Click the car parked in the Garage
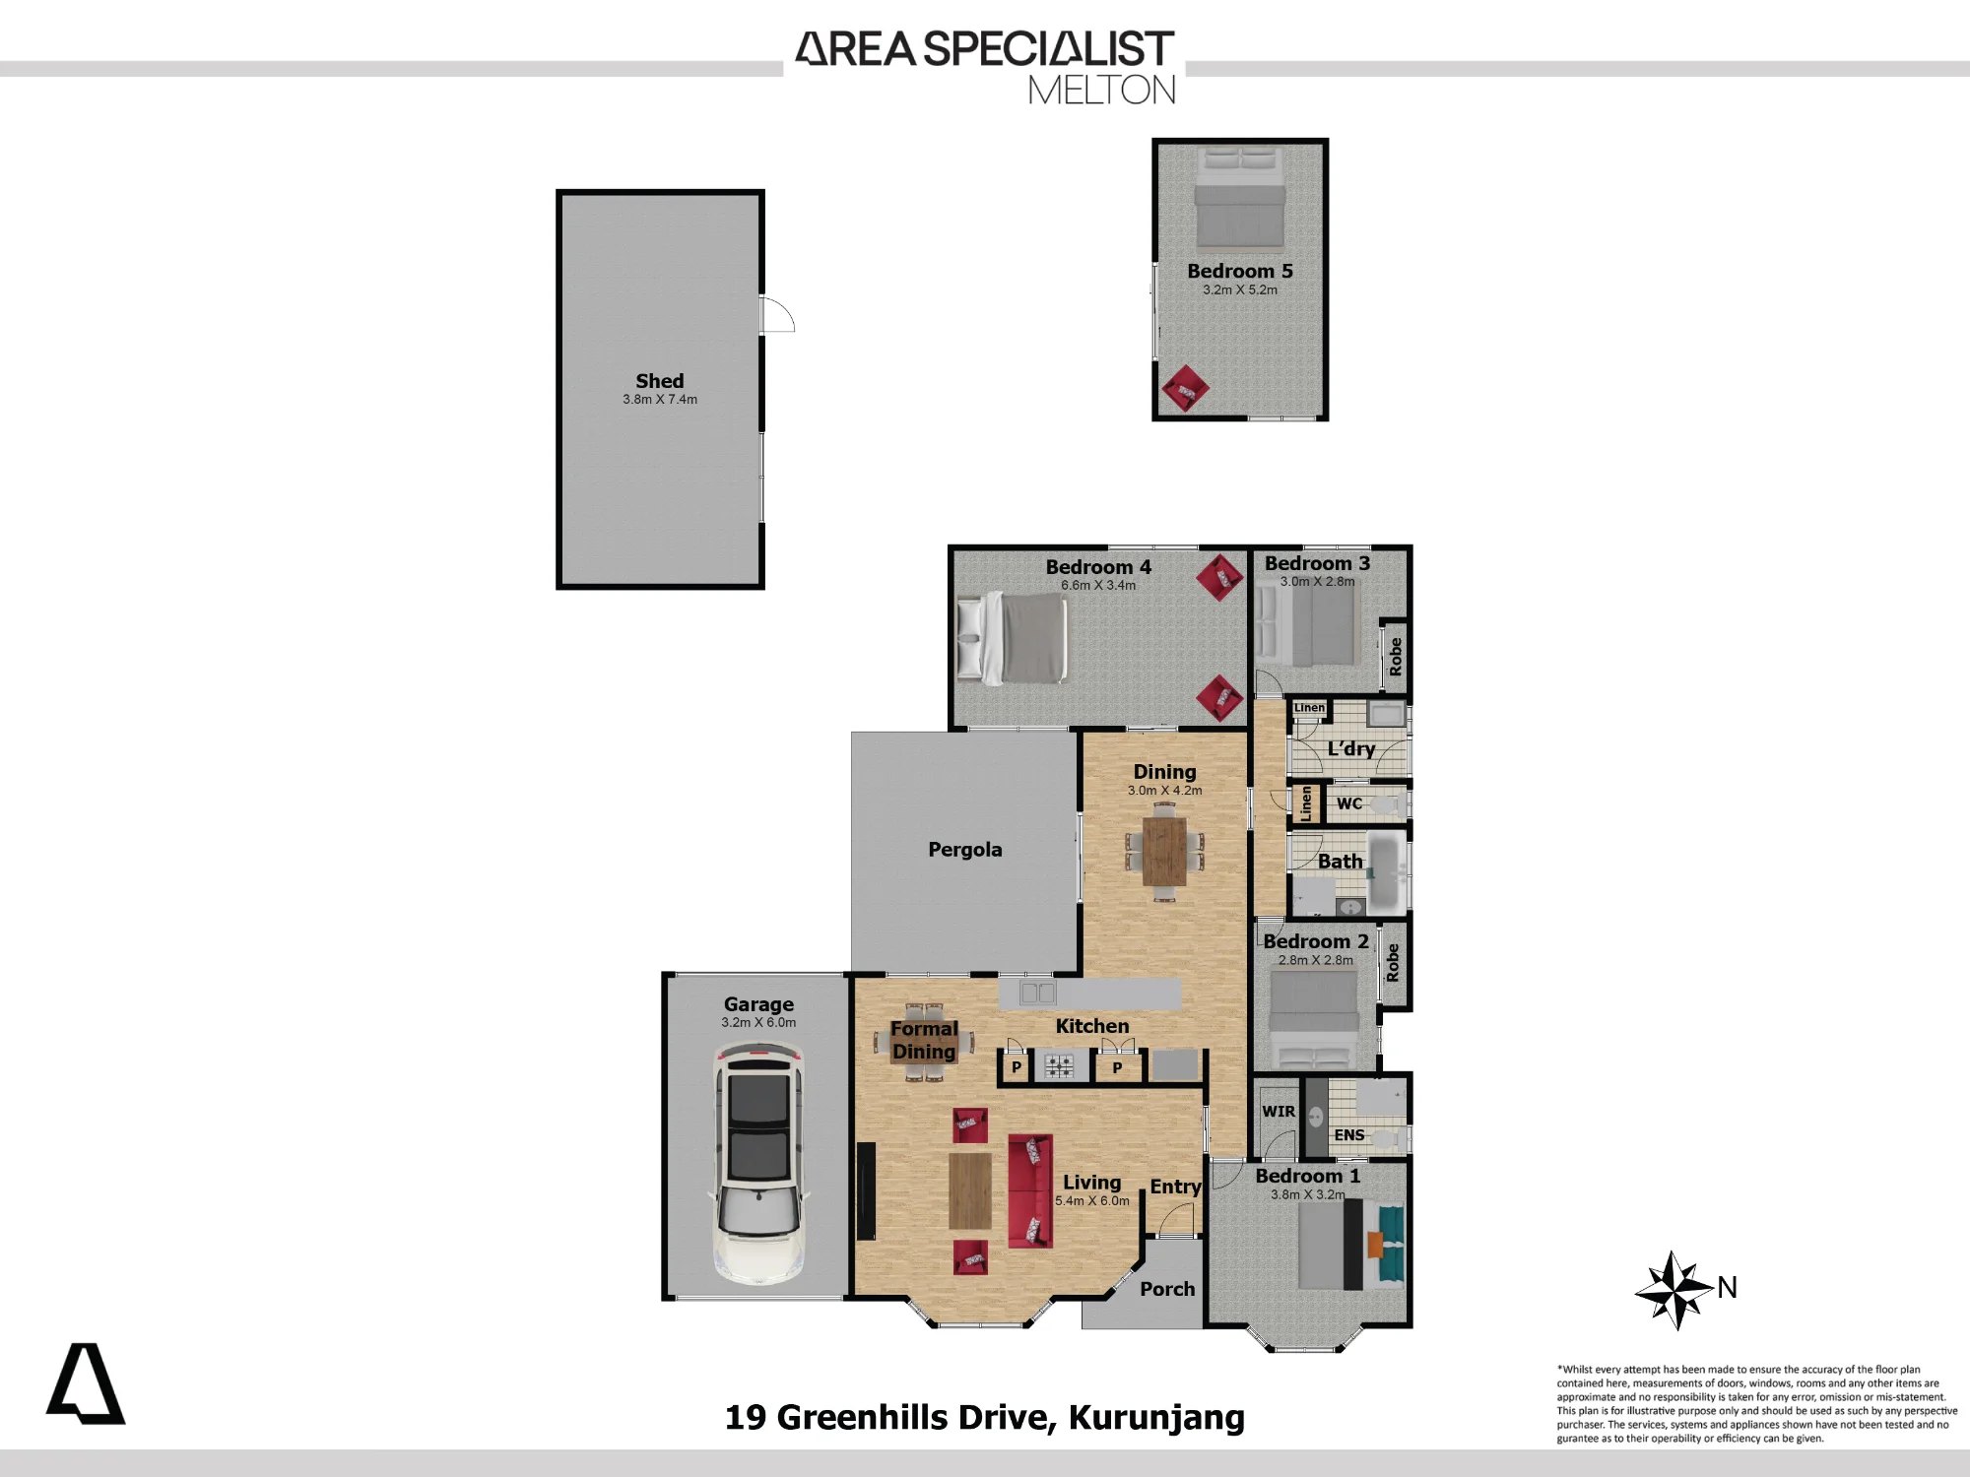coord(758,1166)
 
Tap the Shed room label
coord(660,381)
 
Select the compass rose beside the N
coord(1674,1290)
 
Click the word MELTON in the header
coord(1102,91)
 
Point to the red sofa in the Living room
coord(1030,1190)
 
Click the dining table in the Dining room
coord(1164,852)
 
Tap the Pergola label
coord(965,850)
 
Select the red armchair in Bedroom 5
coord(1185,389)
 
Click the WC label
coord(1349,803)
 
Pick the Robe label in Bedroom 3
coord(1395,656)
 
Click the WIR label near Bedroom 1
coord(1279,1112)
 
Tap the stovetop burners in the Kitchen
coord(1059,1065)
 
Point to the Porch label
coord(1167,1289)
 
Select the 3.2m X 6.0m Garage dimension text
coord(758,1023)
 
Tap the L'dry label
coord(1351,748)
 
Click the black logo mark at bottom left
coord(86,1383)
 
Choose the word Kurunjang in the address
coord(1156,1418)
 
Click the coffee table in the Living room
coord(970,1190)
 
